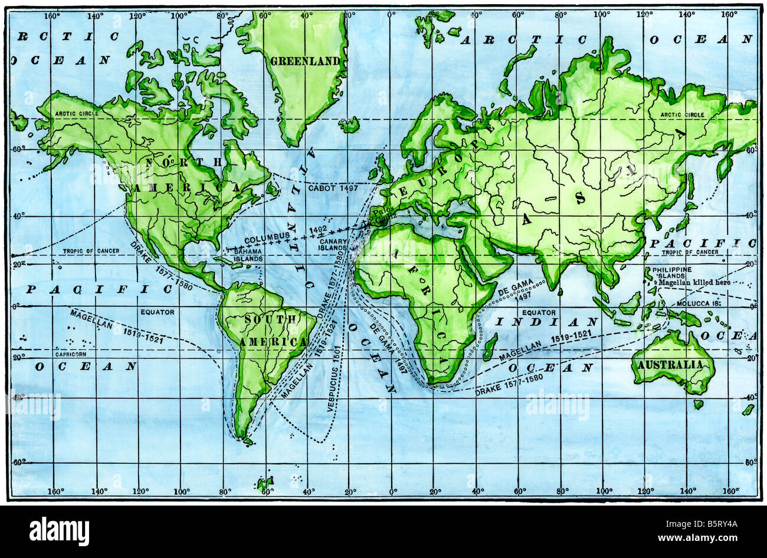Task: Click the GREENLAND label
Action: click(x=305, y=61)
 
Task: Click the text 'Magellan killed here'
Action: click(x=694, y=283)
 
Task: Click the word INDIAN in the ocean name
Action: click(x=546, y=322)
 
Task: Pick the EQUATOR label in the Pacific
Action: click(x=158, y=312)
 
